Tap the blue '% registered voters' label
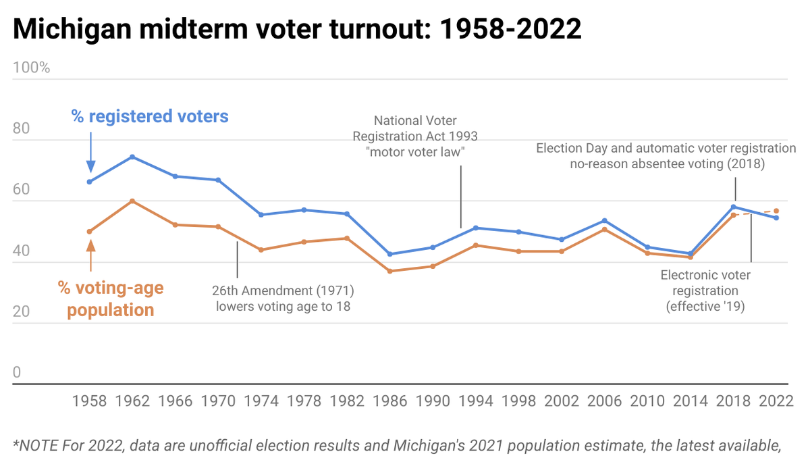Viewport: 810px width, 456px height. pos(150,117)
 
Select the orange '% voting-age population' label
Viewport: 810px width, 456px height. pos(110,299)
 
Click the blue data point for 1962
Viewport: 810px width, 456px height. pos(132,157)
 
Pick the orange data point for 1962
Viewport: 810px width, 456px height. pos(132,201)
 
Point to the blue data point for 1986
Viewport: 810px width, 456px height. pos(390,254)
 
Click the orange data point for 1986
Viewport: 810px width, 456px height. pos(390,271)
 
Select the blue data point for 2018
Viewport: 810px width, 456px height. pos(734,207)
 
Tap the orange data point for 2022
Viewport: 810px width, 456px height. pos(776,211)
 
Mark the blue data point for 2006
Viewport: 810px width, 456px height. pos(605,220)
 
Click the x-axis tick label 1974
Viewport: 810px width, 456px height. pos(261,401)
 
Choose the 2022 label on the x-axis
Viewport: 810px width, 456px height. pos(776,401)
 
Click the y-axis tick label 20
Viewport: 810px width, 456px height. pos(22,312)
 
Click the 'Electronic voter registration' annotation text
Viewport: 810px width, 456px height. pos(705,290)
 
